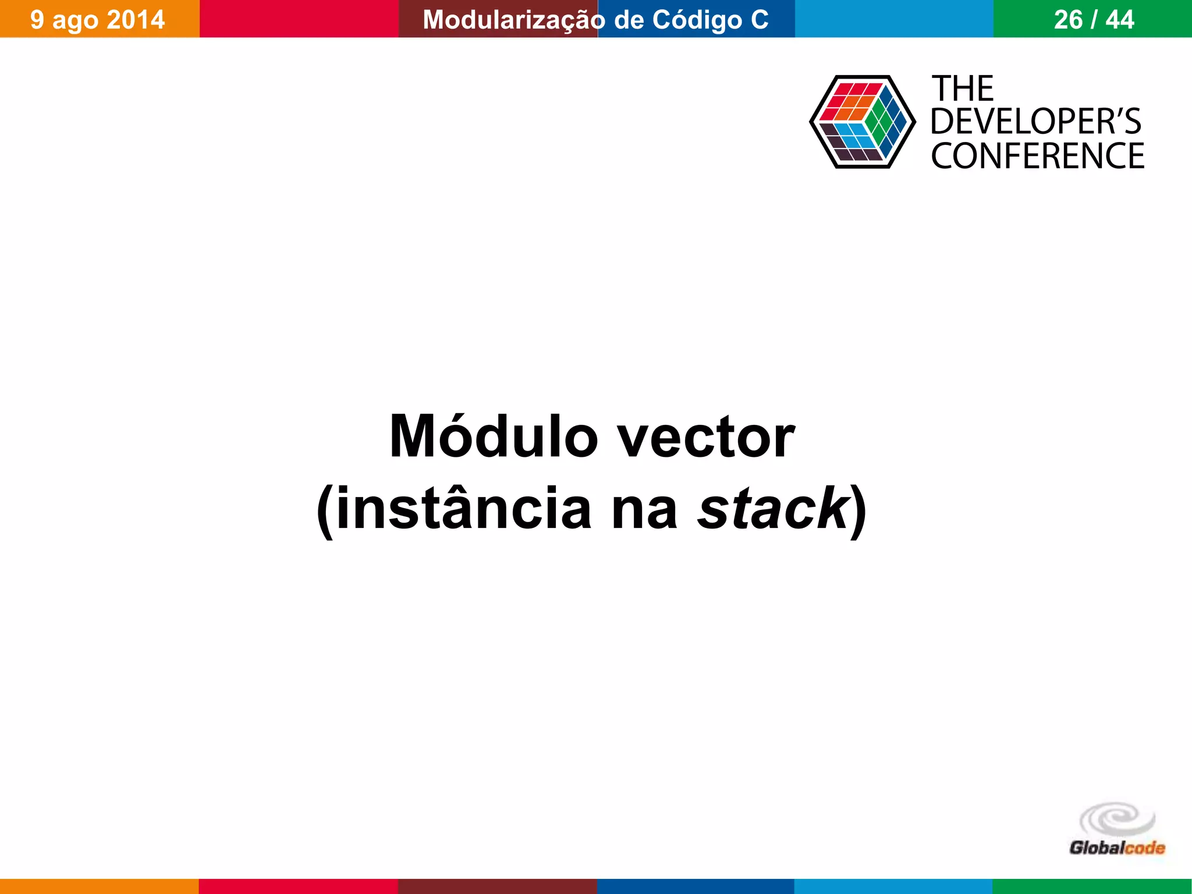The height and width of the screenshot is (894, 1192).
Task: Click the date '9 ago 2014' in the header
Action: (x=98, y=20)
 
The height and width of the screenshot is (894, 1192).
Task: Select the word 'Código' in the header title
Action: (x=697, y=20)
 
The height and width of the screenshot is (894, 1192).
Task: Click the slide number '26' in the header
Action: (x=1068, y=20)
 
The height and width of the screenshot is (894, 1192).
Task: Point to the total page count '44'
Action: (x=1120, y=20)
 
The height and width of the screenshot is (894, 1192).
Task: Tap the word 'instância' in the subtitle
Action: (x=464, y=508)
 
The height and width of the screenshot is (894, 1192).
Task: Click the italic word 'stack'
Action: (x=773, y=508)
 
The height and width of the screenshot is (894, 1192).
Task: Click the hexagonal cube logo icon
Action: (x=863, y=122)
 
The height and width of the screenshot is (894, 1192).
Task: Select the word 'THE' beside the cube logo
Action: (x=963, y=89)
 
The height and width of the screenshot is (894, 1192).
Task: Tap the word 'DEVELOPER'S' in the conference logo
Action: (x=1036, y=122)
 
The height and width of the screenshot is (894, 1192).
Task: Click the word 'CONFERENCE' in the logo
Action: (x=1037, y=156)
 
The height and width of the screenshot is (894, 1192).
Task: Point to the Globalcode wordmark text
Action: (x=1117, y=848)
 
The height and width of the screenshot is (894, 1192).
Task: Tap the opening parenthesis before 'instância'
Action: (x=325, y=510)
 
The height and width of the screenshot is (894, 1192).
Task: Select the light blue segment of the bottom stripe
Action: (x=893, y=886)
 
